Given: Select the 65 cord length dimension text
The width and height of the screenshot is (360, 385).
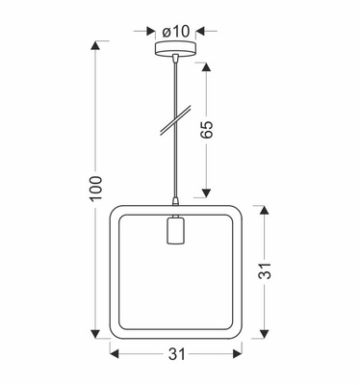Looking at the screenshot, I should click(205, 130).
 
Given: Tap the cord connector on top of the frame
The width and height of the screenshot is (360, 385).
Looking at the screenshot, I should click(174, 202).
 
